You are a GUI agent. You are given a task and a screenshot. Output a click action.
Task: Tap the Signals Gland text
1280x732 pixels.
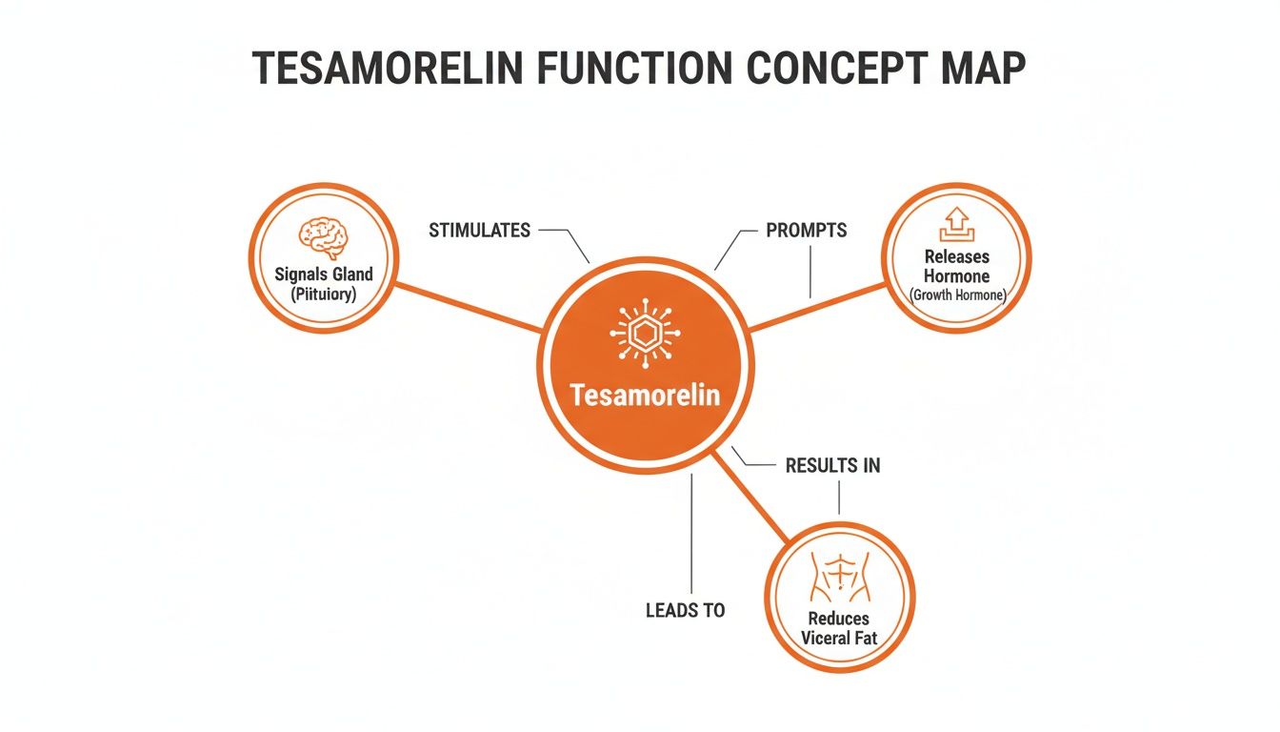point(324,274)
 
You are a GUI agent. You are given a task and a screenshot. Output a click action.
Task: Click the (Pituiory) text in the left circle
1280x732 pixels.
point(324,295)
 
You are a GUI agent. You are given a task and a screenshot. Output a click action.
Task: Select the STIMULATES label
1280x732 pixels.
point(479,231)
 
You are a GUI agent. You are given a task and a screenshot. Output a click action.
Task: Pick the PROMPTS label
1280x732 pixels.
point(806,231)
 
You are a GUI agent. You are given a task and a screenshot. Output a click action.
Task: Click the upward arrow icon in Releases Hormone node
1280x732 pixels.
point(956,226)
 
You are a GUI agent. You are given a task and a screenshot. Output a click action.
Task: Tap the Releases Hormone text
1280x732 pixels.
point(956,266)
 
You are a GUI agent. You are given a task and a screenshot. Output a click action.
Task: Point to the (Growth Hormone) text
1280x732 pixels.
point(956,295)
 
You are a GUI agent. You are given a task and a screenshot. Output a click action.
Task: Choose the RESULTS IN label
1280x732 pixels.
point(832,466)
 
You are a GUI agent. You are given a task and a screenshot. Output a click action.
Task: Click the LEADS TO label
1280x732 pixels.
point(685,610)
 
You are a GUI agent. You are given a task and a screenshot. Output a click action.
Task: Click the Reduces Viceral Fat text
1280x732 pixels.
point(839,628)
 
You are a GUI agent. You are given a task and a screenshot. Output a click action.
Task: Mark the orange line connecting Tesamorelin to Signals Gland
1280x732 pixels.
point(467,306)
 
